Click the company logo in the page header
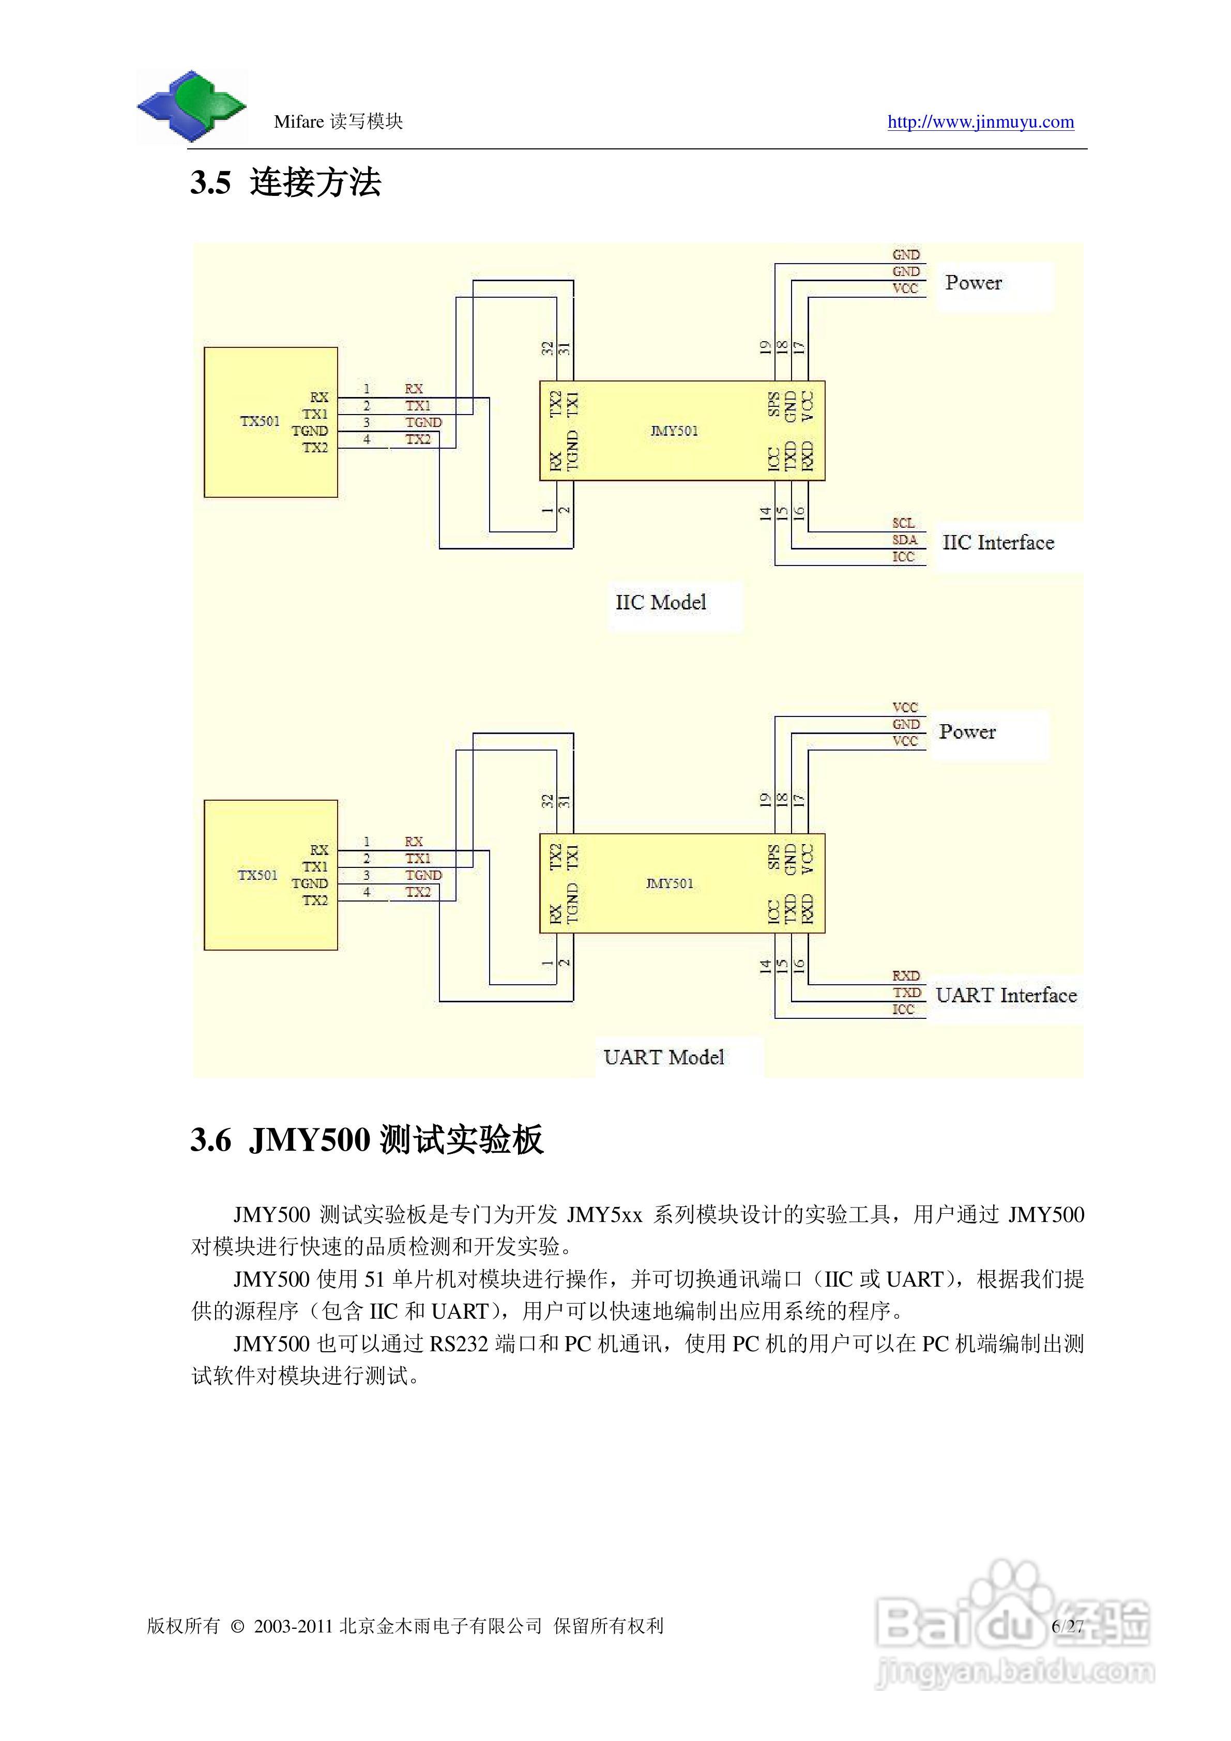(x=191, y=106)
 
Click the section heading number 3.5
(x=210, y=183)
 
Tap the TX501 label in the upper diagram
(x=260, y=422)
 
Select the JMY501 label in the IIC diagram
(x=674, y=431)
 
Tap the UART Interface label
(x=1006, y=996)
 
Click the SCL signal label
(x=903, y=523)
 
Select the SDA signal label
(x=904, y=540)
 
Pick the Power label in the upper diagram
(x=973, y=283)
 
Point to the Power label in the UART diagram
(x=967, y=732)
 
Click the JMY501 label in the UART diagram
(x=669, y=883)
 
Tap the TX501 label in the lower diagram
(x=258, y=875)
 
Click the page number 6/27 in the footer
(x=1067, y=1626)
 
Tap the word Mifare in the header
(x=299, y=122)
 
